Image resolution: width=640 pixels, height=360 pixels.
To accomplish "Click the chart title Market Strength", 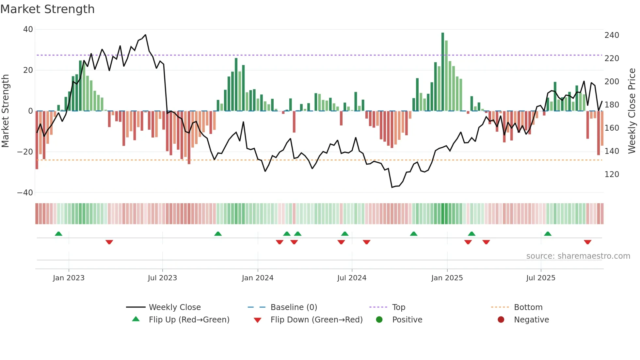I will click(x=47, y=9).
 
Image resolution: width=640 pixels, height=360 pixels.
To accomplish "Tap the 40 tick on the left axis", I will click(x=28, y=29).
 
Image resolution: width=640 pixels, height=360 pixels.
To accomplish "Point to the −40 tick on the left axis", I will click(x=25, y=193).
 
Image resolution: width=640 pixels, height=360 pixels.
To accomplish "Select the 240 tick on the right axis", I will click(x=612, y=35).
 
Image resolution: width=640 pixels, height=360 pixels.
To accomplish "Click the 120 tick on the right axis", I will click(x=612, y=174).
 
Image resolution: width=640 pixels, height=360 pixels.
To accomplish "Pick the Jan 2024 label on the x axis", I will click(x=257, y=278).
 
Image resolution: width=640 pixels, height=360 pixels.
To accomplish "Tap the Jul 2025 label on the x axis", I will click(x=540, y=278).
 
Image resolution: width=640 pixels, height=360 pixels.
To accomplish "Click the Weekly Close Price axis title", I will click(x=632, y=111).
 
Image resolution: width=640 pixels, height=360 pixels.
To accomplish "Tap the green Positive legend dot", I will click(x=379, y=320).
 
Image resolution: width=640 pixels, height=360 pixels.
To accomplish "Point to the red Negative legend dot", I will click(x=501, y=320).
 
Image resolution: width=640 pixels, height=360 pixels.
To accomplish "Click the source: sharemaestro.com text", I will click(x=578, y=256).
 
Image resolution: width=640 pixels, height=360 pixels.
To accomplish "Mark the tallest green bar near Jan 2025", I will click(x=443, y=72).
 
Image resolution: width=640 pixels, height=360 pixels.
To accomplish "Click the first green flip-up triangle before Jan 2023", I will click(x=58, y=234).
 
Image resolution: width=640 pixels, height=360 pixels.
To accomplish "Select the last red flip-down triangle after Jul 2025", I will click(x=587, y=242).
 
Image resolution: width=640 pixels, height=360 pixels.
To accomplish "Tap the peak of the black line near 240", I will click(x=145, y=35).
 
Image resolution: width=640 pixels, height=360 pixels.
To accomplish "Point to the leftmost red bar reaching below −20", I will click(x=37, y=140).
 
